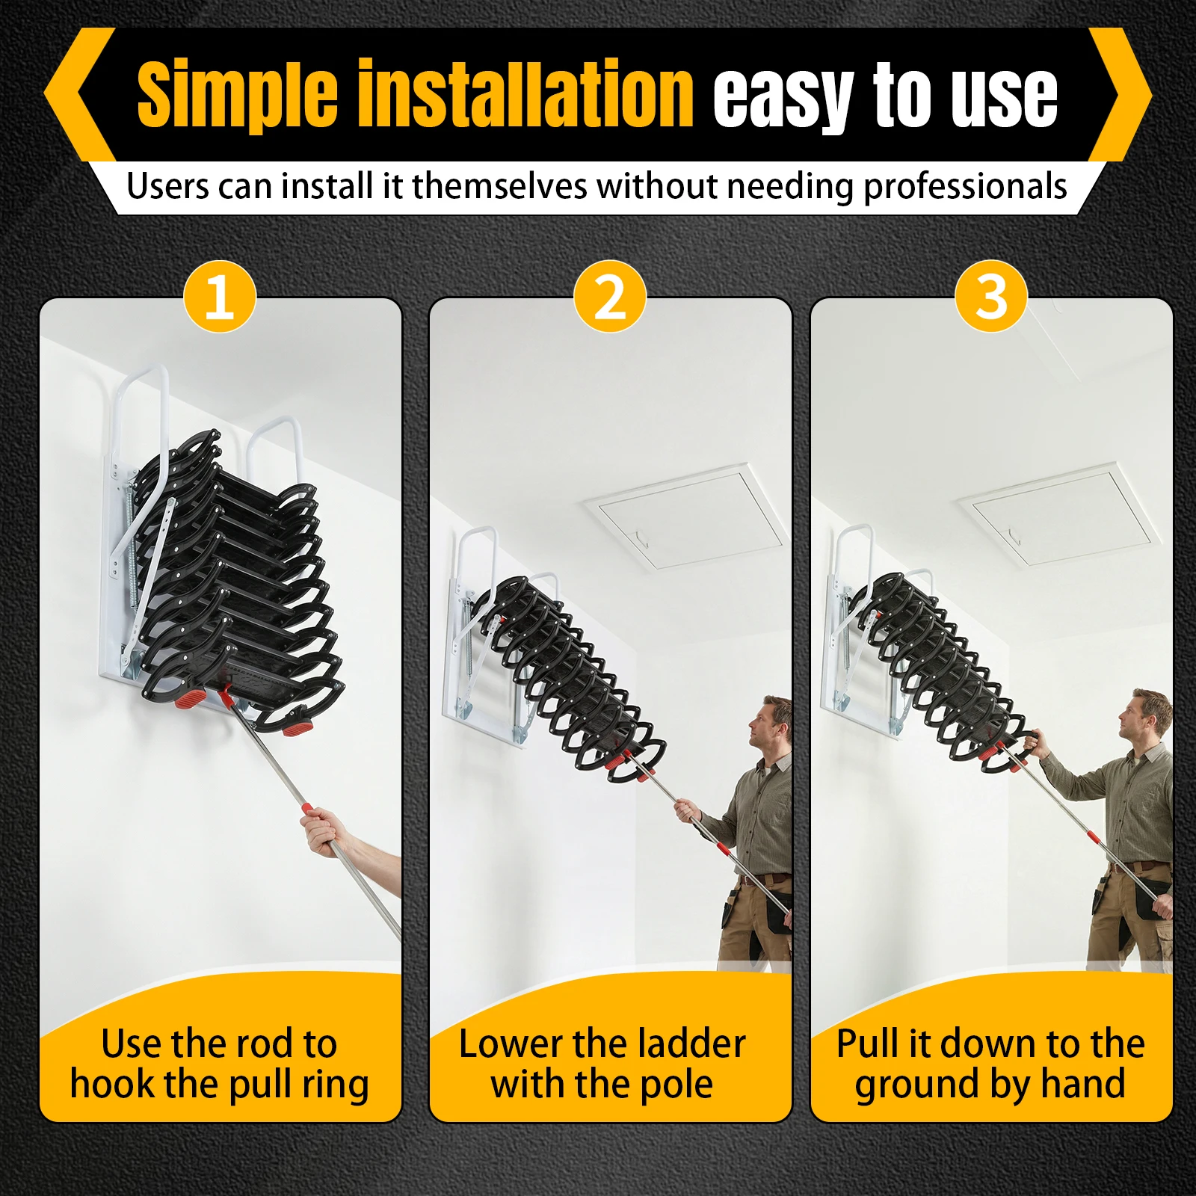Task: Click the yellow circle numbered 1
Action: (x=220, y=297)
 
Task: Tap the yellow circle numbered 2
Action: (x=610, y=297)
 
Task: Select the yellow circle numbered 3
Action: (x=991, y=297)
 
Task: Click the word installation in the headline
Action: (x=526, y=96)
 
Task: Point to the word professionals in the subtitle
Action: (x=965, y=186)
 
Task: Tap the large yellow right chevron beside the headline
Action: (x=1119, y=95)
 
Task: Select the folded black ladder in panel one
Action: (x=232, y=576)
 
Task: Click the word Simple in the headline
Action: (x=237, y=96)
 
